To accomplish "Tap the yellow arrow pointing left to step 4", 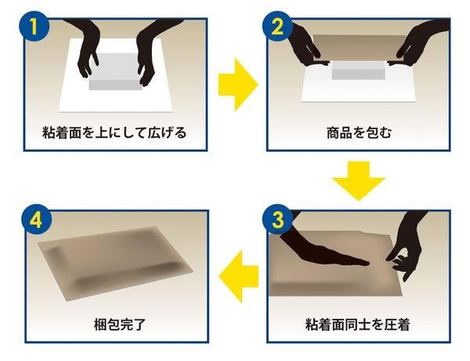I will [238, 276].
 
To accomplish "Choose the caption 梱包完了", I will [114, 323].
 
